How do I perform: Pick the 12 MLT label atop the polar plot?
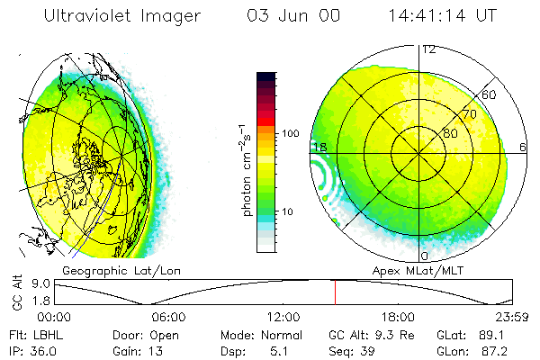pyautogui.click(x=429, y=49)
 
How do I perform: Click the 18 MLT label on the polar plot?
pyautogui.click(x=319, y=147)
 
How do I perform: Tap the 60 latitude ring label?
pyautogui.click(x=490, y=94)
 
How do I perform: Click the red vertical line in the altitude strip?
pyautogui.click(x=335, y=292)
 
